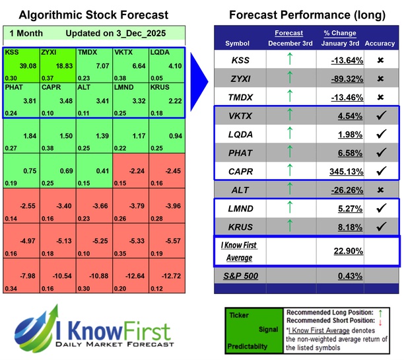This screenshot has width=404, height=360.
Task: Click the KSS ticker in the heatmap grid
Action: pyautogui.click(x=12, y=51)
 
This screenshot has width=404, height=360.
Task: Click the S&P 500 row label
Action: pyautogui.click(x=237, y=275)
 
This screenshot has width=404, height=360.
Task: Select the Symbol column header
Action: pyautogui.click(x=238, y=44)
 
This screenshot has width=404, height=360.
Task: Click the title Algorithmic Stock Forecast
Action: pyautogui.click(x=93, y=15)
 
